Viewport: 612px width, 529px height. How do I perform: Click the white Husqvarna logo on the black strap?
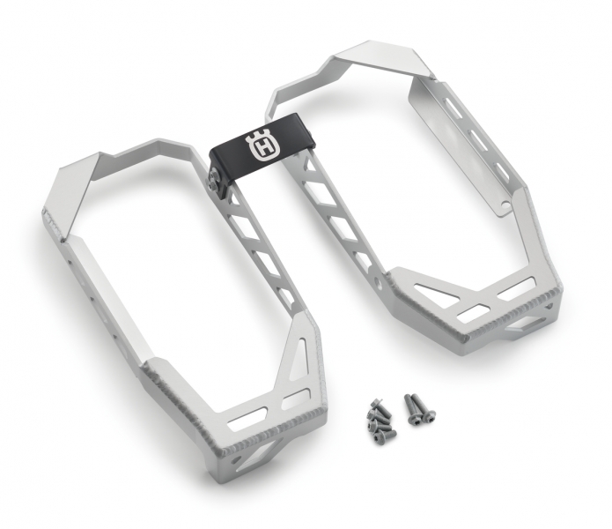(262, 146)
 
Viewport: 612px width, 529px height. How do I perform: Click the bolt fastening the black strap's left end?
(215, 180)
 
